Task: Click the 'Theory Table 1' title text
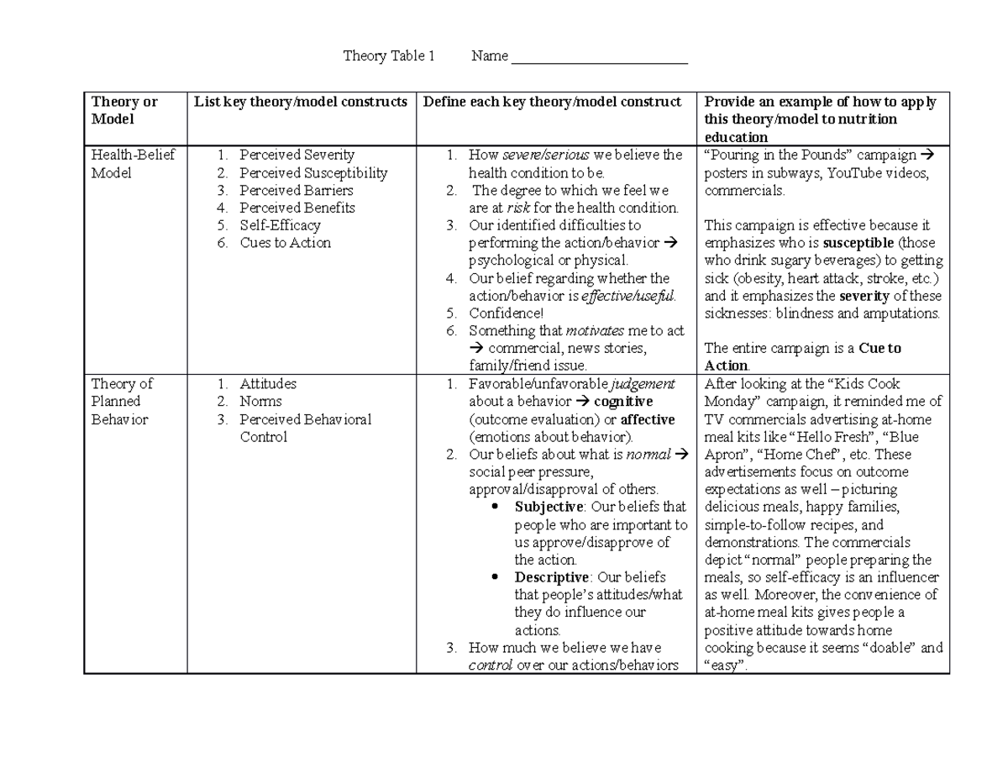pos(389,56)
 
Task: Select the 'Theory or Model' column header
pos(124,110)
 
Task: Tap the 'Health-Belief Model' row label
pos(123,163)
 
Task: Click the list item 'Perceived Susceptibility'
pos(313,172)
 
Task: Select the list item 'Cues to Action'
pos(285,243)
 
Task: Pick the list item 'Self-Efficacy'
pos(280,225)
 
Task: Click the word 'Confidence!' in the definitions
pos(507,313)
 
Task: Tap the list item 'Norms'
pos(260,401)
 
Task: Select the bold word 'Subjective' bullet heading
pos(549,507)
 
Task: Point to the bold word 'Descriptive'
pos(552,577)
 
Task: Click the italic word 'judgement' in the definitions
pos(642,384)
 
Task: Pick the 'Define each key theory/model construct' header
pos(552,102)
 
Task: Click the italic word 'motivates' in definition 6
pos(595,330)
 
